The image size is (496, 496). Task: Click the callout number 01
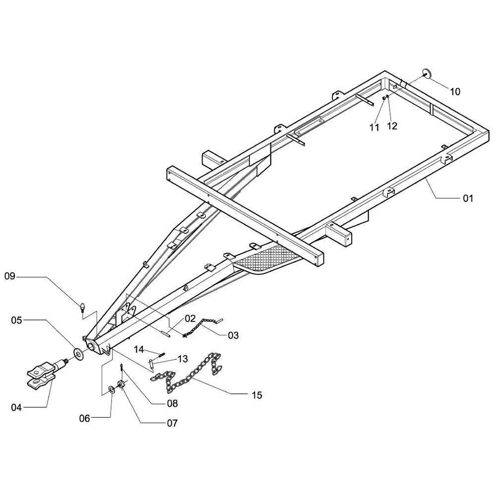(x=468, y=198)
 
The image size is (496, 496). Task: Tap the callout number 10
(x=455, y=92)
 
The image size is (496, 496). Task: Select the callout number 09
(x=10, y=276)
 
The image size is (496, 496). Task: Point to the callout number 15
(x=257, y=395)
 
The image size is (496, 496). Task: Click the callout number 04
(x=16, y=408)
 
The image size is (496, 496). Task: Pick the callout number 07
(x=173, y=423)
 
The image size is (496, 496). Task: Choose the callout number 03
(x=233, y=335)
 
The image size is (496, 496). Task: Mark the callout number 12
(x=392, y=126)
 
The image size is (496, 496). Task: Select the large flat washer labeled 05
(x=78, y=353)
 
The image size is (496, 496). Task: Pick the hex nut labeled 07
(x=121, y=385)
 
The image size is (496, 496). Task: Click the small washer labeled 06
(x=112, y=389)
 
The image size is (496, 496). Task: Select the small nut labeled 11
(x=384, y=98)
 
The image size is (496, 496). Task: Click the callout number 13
(x=183, y=359)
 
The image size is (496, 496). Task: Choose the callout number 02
(x=190, y=318)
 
